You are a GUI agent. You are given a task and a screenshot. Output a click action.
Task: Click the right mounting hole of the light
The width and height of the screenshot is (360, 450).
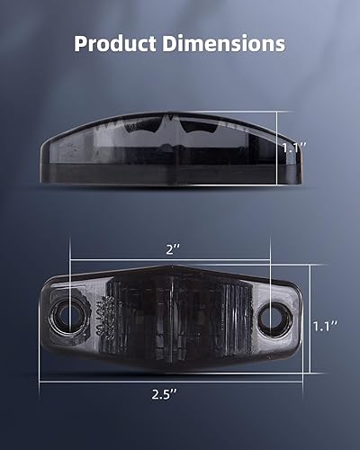(273, 318)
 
